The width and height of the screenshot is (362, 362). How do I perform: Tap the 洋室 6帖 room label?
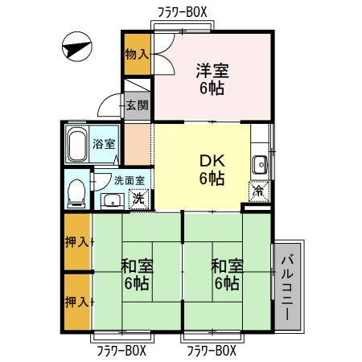click(x=213, y=79)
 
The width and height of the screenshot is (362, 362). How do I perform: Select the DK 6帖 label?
click(x=212, y=168)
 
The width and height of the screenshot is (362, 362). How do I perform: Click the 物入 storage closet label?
click(x=136, y=54)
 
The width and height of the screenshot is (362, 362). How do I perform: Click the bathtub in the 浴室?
click(x=77, y=144)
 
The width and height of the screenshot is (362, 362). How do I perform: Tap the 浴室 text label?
click(x=104, y=145)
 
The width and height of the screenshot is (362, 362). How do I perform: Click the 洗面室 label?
click(x=129, y=181)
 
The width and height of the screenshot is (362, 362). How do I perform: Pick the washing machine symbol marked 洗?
click(x=138, y=198)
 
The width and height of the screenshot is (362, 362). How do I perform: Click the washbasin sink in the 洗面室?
click(x=111, y=200)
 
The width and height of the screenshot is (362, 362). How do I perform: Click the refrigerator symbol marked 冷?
click(x=258, y=192)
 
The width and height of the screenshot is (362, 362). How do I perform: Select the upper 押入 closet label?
click(x=76, y=241)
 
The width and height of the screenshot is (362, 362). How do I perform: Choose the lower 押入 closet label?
click(x=76, y=302)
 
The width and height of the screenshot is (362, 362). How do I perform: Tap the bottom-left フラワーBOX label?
click(x=121, y=350)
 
